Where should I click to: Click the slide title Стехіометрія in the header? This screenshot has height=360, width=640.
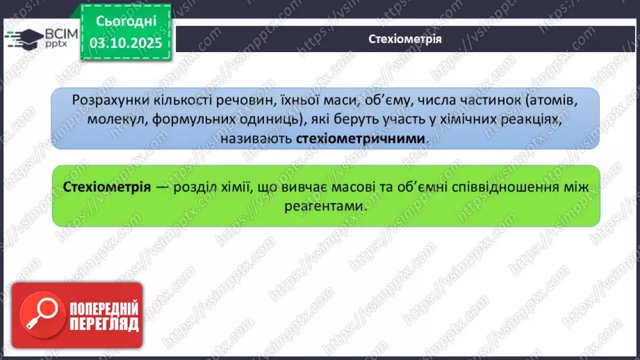pos(404,39)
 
